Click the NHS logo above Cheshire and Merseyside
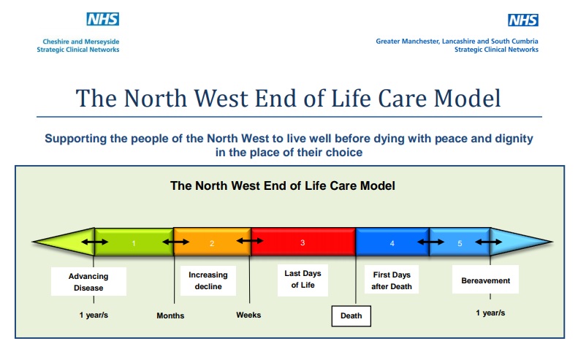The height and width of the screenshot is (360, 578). point(103,19)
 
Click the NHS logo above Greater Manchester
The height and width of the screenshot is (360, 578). point(522,20)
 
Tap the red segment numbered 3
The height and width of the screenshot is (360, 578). point(303,242)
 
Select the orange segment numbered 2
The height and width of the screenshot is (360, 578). point(212,242)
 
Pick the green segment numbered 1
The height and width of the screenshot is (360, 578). point(134,242)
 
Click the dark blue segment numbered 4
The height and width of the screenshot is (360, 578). point(392,242)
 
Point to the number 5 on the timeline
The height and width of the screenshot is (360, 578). point(460,243)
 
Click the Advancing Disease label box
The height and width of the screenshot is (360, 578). point(88,282)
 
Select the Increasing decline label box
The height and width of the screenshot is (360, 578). point(208,280)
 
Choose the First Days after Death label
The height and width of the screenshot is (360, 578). point(392,280)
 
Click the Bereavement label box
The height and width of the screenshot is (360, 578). point(485,280)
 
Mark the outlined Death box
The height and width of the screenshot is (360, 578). point(351,315)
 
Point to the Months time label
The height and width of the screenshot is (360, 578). point(170,315)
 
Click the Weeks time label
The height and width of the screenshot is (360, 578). point(248,315)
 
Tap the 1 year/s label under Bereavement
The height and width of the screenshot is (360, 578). point(490,313)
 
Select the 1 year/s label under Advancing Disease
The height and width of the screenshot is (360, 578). point(94,315)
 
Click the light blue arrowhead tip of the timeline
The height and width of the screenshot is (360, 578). point(552,242)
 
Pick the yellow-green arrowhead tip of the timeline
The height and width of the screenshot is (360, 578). point(32,242)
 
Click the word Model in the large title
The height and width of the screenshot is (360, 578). point(467,99)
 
